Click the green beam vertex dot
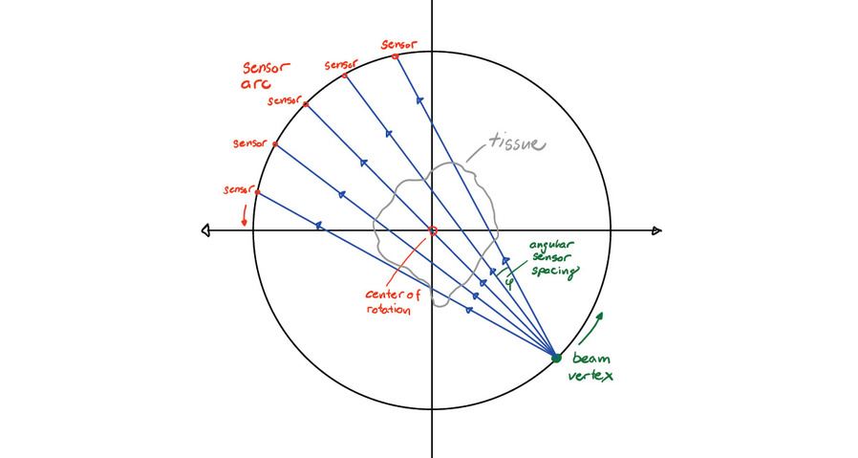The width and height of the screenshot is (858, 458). click(556, 358)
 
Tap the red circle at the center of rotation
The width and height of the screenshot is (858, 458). click(432, 231)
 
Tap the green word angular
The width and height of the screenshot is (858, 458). click(551, 246)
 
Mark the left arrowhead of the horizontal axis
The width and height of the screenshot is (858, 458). click(205, 230)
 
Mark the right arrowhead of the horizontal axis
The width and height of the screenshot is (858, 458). click(656, 230)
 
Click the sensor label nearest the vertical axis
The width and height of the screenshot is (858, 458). click(397, 44)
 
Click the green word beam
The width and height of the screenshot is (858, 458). click(589, 360)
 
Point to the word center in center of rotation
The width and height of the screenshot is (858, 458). click(385, 295)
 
